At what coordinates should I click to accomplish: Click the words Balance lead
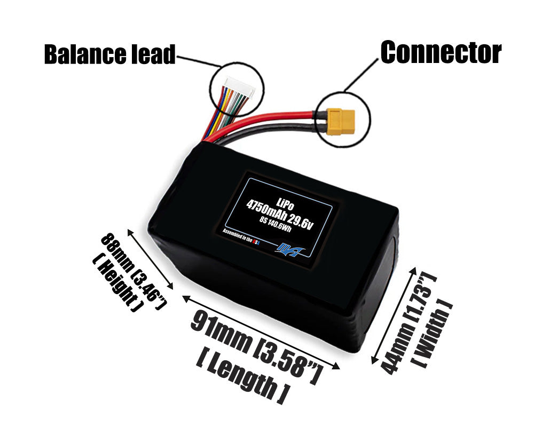coord(109,54)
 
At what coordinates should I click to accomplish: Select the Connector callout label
coord(441,52)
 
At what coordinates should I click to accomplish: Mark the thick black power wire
coord(267,136)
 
